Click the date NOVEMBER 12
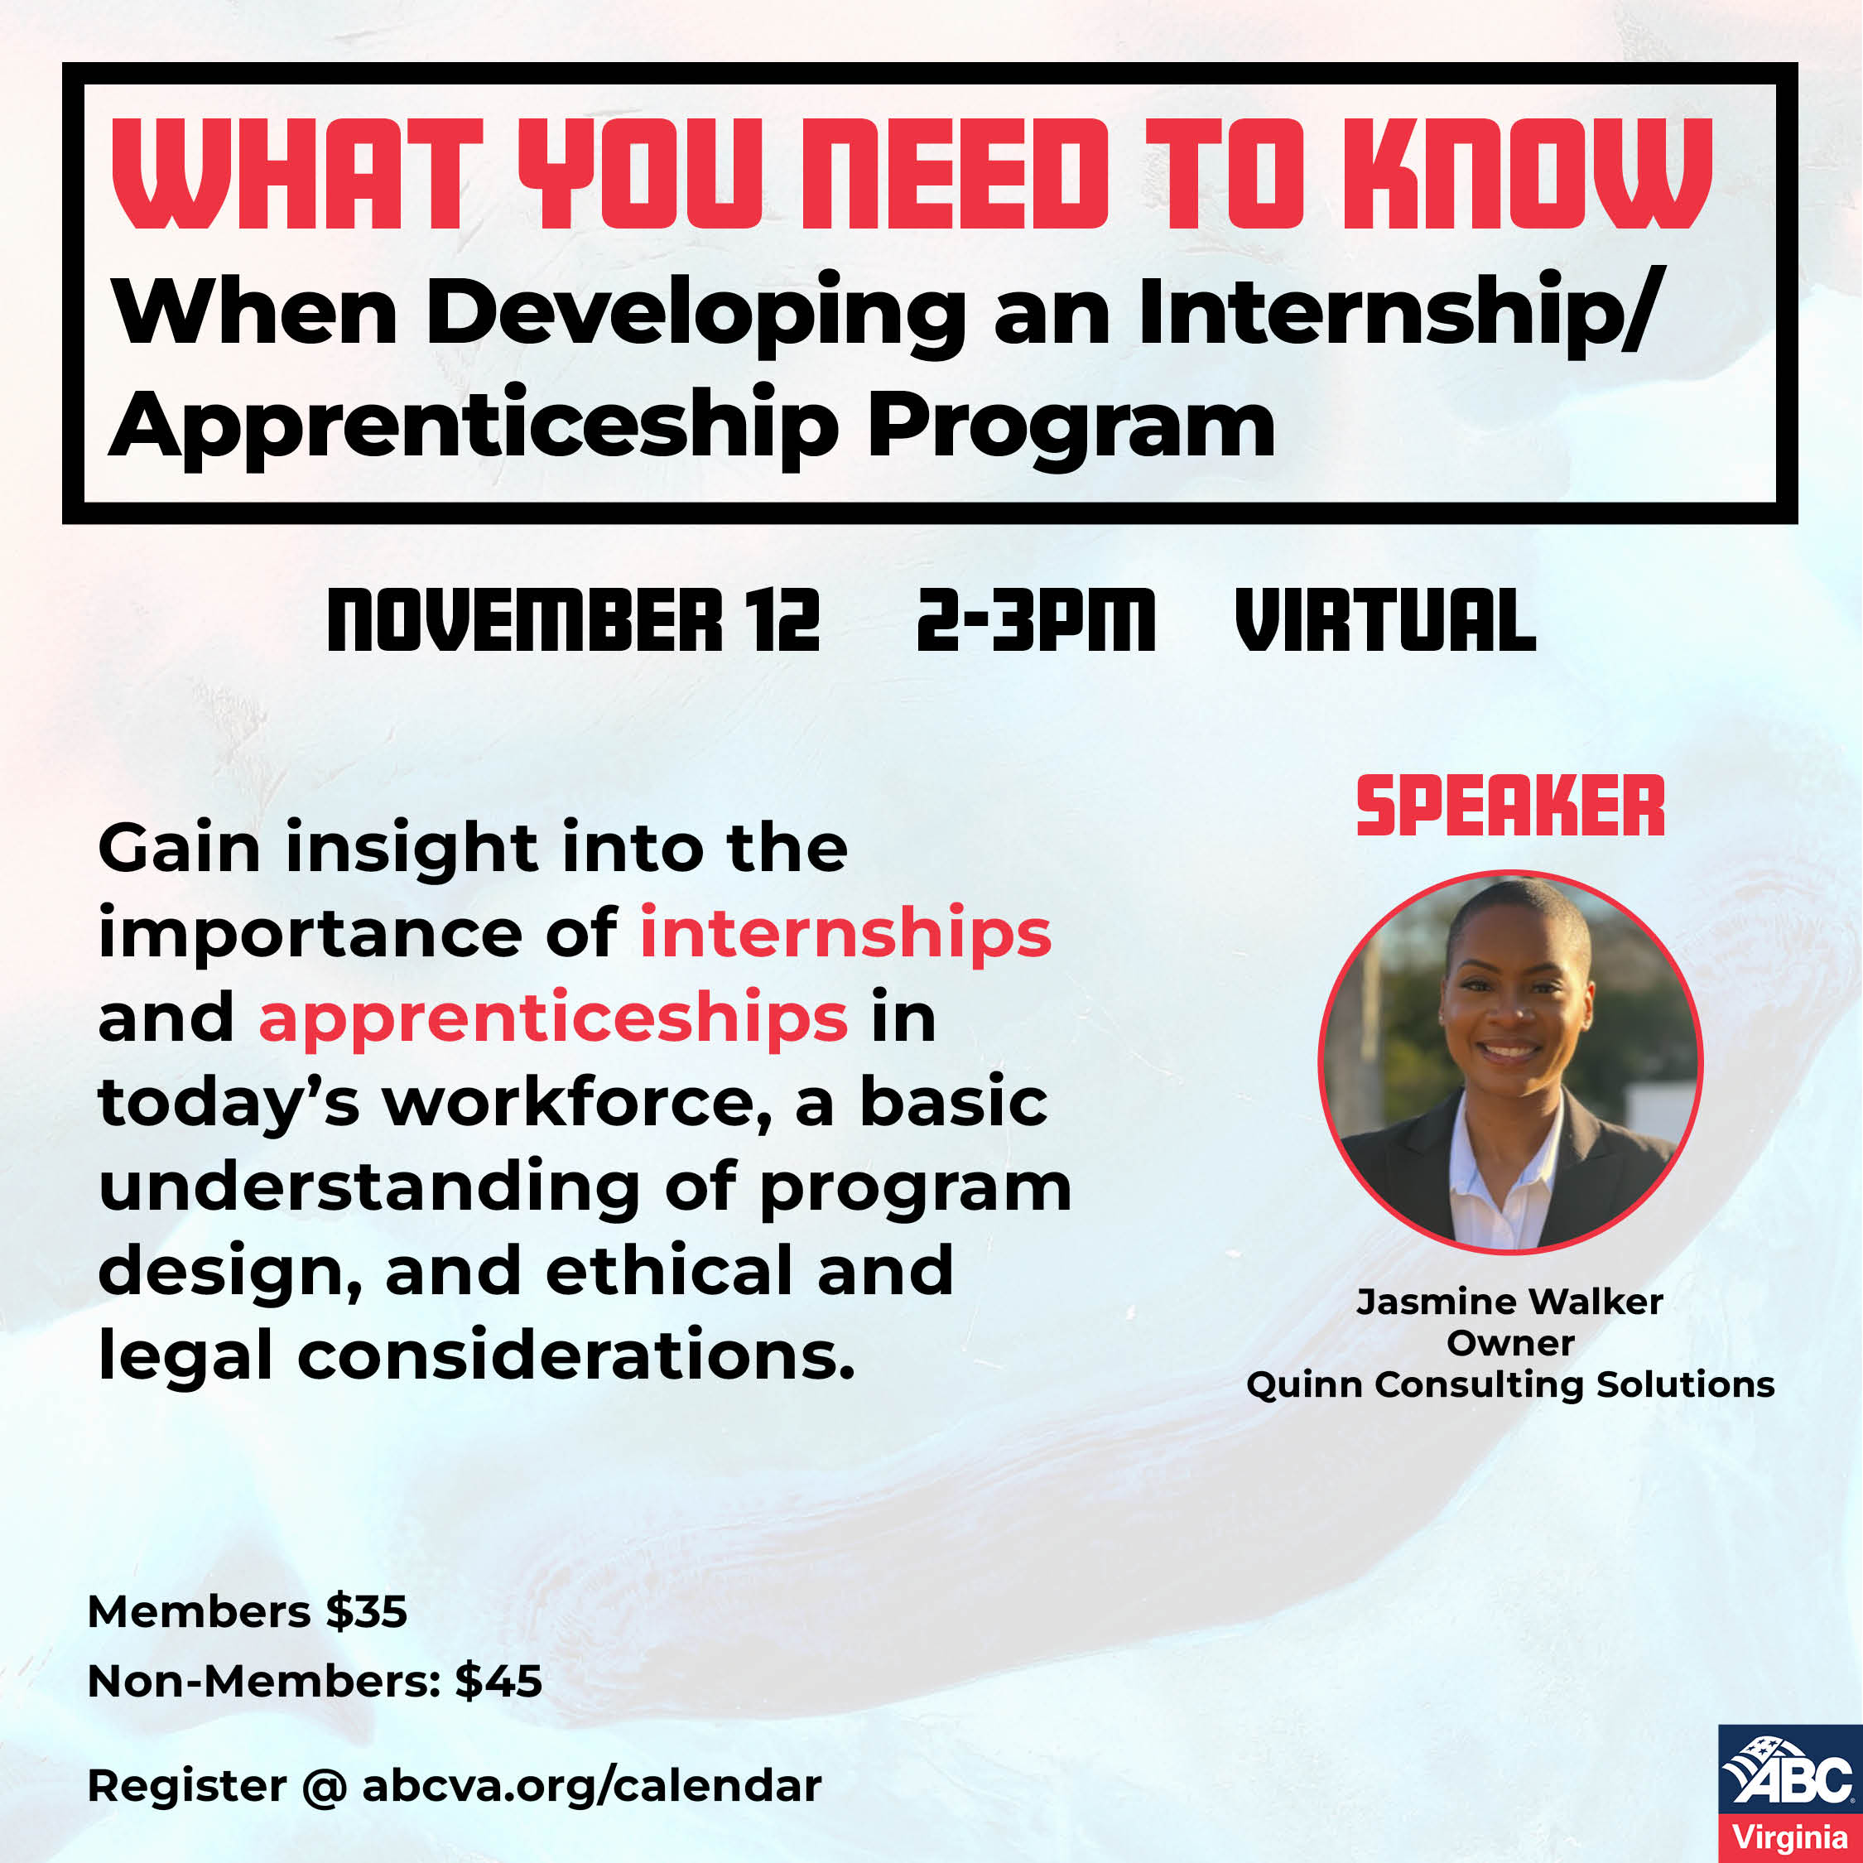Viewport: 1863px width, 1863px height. (573, 621)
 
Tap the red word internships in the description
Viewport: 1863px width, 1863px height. (845, 932)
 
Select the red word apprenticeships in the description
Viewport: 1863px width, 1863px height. (552, 1018)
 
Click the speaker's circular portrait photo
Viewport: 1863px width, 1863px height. (1510, 1061)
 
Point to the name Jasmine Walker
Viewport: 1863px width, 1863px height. (1509, 1302)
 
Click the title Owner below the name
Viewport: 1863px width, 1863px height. (1510, 1343)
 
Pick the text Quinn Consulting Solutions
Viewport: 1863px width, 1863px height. (1510, 1384)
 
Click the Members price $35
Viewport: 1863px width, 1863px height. (367, 1611)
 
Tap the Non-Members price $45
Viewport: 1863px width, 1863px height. (498, 1682)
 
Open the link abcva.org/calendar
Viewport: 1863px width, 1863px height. (591, 1786)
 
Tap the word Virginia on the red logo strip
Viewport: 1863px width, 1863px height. (1789, 1837)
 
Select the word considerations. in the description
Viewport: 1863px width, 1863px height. (575, 1355)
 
